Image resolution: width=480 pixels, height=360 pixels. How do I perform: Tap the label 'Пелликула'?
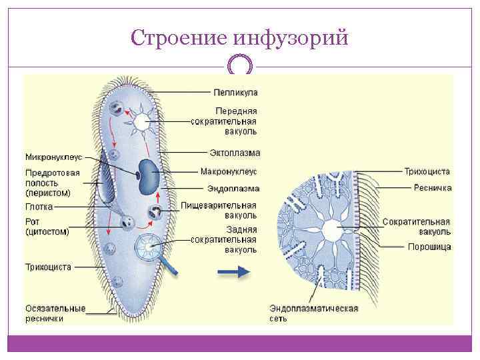click(x=235, y=91)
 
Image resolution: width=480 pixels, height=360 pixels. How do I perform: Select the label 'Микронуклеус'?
click(x=53, y=157)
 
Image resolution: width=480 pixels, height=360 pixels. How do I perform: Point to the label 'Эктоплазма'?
click(x=233, y=153)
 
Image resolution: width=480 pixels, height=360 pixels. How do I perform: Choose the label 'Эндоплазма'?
click(x=233, y=189)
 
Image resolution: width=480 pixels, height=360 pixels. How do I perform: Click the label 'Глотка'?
click(x=39, y=207)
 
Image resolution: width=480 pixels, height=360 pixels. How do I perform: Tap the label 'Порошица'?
click(x=429, y=247)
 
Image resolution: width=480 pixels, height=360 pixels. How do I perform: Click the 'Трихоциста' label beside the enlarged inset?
click(x=427, y=171)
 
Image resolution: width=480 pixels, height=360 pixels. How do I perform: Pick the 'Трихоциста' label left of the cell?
click(x=48, y=267)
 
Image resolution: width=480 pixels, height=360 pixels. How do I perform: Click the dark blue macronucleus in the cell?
click(x=147, y=176)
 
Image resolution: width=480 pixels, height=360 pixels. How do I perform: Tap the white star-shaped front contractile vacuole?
click(x=142, y=122)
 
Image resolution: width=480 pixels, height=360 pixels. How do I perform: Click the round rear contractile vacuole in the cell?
click(x=148, y=247)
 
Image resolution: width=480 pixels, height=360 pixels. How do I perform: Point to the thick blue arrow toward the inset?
click(x=233, y=271)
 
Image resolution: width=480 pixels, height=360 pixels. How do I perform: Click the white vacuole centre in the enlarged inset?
click(x=331, y=231)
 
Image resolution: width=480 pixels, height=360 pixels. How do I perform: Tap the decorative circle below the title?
click(x=240, y=66)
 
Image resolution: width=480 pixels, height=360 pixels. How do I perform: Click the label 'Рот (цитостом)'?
click(x=47, y=227)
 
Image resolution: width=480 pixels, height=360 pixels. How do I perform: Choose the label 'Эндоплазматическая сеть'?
click(x=314, y=313)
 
